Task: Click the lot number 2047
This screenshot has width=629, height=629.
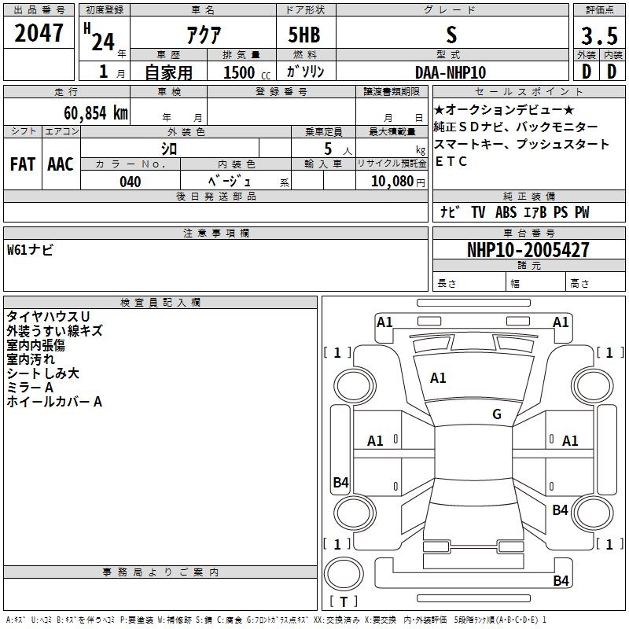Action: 39,33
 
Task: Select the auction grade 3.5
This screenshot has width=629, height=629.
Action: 599,35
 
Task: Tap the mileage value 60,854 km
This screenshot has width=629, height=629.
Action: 96,113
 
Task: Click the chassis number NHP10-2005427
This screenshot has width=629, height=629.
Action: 528,250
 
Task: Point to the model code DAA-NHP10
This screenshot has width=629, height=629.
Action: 451,72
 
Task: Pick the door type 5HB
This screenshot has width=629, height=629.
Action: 304,35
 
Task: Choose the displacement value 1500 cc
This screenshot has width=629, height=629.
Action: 247,72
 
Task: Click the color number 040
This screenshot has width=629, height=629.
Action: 131,182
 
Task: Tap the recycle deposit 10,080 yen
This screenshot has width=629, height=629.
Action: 398,182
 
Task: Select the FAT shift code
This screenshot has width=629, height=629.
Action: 23,164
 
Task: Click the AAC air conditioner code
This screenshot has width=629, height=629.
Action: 61,164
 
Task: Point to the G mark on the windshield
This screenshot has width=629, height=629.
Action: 497,414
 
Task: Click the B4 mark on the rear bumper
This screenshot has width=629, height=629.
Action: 561,580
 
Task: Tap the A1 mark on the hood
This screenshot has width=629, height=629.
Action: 438,378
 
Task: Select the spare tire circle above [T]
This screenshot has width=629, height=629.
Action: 344,574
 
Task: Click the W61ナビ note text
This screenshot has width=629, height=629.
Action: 30,250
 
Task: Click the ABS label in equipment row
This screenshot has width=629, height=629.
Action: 506,212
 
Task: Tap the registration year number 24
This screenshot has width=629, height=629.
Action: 103,42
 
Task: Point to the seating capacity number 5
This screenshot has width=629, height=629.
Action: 328,149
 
